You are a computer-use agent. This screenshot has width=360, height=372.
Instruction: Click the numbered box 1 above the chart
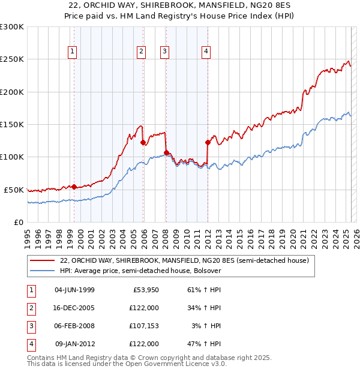72,52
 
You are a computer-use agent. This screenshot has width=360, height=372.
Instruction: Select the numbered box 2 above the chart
141,52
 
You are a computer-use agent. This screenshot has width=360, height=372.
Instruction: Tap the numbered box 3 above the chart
164,52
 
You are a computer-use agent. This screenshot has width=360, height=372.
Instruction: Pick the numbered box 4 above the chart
206,52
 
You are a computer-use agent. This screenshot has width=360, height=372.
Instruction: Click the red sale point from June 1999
74,187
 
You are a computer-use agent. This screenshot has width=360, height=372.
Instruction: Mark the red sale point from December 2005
143,143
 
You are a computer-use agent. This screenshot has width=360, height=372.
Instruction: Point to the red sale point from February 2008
166,152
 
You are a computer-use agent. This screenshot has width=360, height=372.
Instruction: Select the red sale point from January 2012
208,143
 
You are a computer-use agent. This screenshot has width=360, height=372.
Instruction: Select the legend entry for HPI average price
140,271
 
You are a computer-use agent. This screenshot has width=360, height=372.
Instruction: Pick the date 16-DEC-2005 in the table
74,308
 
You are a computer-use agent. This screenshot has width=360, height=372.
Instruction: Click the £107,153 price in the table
143,326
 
